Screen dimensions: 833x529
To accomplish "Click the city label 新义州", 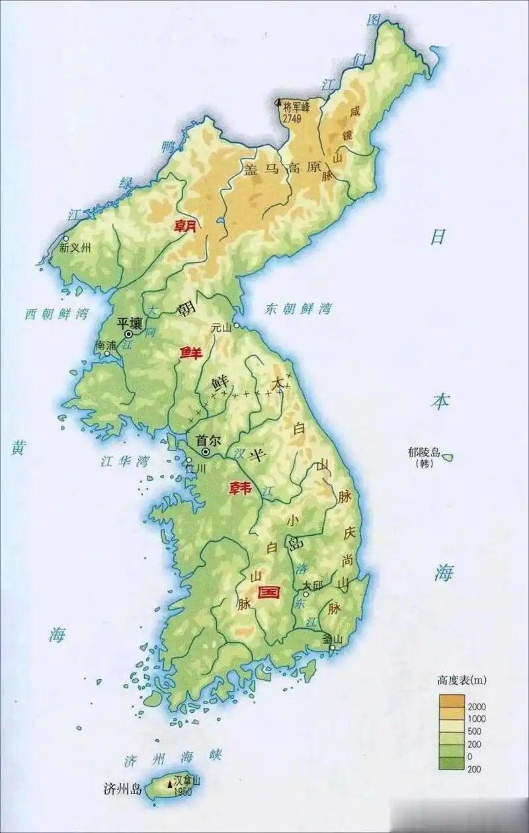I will coord(75,249).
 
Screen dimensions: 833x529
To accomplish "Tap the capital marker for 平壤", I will coord(129,334).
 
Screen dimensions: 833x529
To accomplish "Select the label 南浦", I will coord(106,345).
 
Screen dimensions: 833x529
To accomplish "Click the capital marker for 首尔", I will coord(206,451).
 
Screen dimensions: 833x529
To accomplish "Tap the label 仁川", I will coord(196,468).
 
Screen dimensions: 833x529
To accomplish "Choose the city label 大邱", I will coord(312,585).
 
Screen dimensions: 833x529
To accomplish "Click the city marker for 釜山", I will coord(332,649).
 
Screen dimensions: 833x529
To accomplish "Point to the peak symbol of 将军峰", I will coord(278,104).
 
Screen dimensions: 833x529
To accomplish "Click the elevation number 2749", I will coord(292,118).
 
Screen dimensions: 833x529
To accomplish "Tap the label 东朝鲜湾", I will coord(298,308).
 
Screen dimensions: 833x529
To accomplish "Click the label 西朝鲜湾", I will coord(56,313).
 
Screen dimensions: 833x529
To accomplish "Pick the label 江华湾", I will coord(124,460).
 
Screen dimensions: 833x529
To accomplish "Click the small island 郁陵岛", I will coord(448,456).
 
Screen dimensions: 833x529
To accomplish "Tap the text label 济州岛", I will coord(123,787).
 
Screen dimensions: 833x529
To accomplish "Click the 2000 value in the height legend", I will coord(476,707).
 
